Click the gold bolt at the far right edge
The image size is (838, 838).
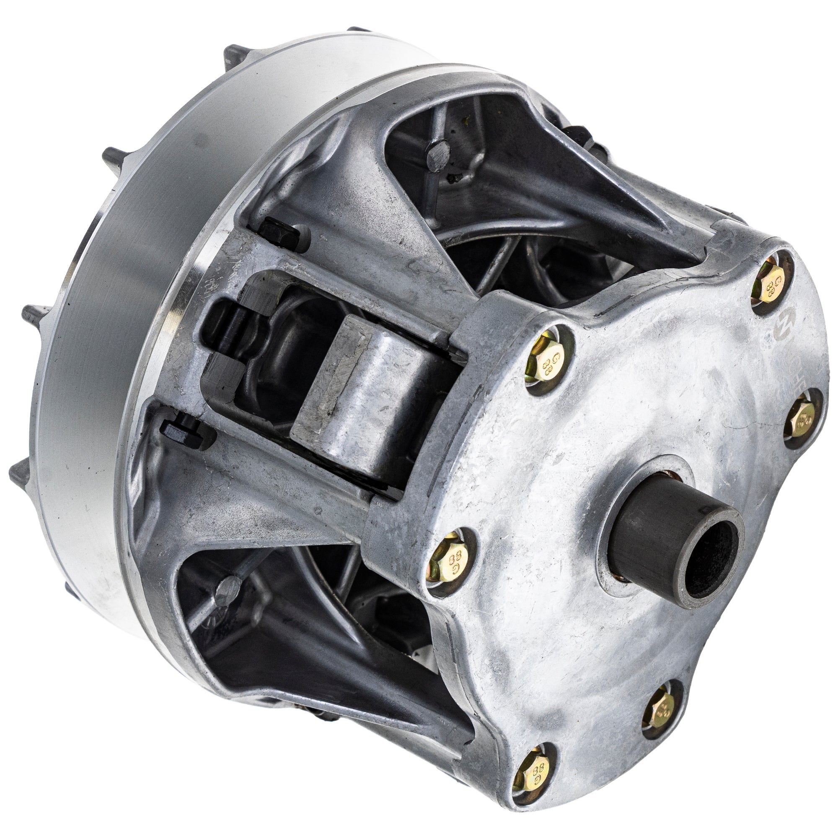pyautogui.click(x=801, y=420)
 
